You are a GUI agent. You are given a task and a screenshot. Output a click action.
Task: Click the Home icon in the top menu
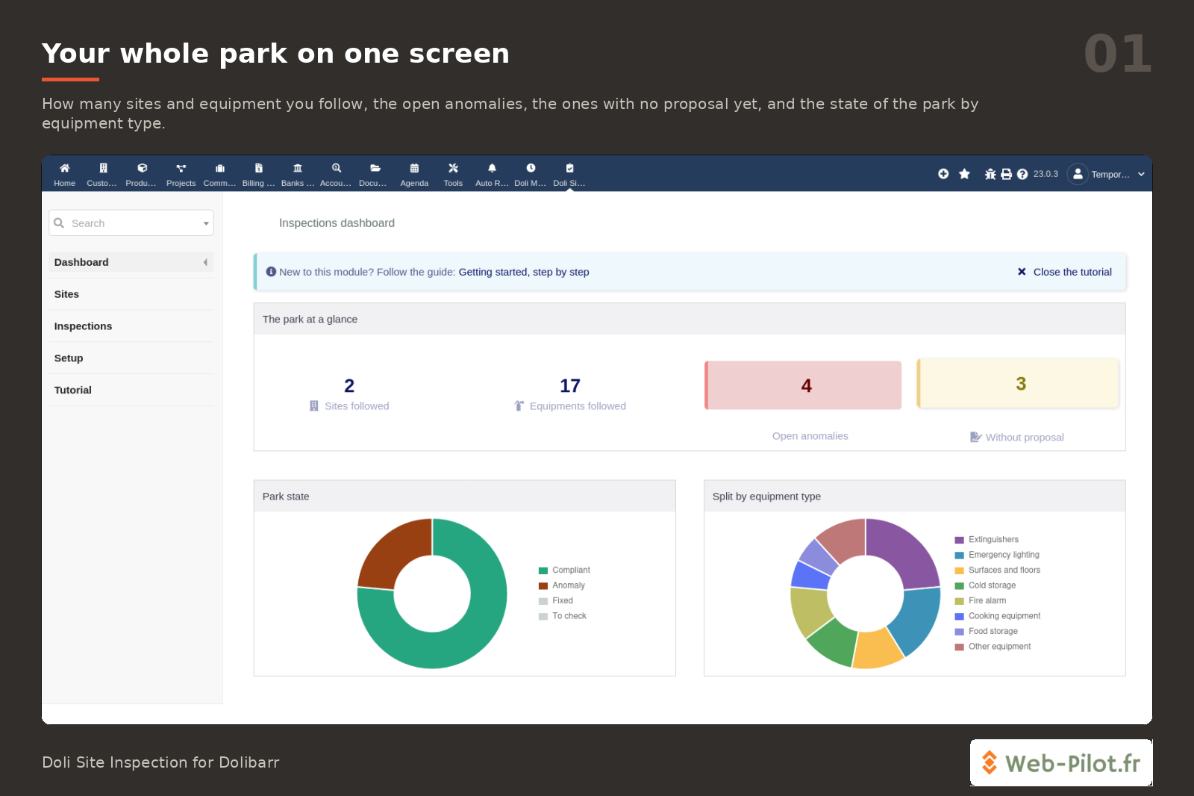[64, 169]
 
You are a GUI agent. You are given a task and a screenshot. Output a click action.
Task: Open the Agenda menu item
[414, 175]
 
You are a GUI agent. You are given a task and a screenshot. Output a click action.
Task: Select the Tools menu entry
[453, 175]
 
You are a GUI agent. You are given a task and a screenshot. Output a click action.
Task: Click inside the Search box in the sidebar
[131, 223]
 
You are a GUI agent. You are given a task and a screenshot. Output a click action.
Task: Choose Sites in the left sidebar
[66, 294]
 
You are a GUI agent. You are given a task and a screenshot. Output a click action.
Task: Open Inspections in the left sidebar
[83, 326]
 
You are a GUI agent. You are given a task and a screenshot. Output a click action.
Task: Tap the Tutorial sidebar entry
[73, 390]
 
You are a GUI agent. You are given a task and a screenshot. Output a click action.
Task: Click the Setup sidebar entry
[69, 358]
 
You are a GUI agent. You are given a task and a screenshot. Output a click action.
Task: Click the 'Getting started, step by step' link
[523, 272]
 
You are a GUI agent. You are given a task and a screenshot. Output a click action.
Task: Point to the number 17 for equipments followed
[570, 385]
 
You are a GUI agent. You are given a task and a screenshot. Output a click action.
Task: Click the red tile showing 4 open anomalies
[803, 385]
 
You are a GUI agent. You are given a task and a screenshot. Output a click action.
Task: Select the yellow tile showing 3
[1018, 384]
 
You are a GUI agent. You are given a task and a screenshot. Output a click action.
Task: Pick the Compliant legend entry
[564, 570]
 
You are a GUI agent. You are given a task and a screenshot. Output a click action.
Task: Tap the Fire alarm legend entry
[981, 601]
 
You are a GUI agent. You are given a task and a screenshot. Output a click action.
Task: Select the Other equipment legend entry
[993, 647]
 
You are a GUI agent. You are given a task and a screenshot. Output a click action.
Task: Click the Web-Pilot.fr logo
[1060, 763]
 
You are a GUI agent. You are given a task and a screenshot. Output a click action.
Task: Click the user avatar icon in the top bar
[1078, 174]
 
